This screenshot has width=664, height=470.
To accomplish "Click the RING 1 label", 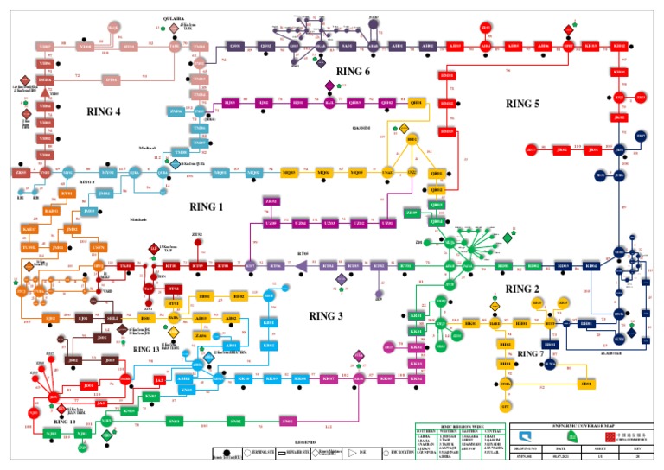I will (x=206, y=207).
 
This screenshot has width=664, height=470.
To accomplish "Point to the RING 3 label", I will (x=327, y=315).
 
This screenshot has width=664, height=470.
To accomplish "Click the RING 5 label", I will (x=522, y=104).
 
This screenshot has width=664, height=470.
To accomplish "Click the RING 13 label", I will (x=147, y=349).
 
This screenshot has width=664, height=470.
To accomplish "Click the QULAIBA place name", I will (x=175, y=17).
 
